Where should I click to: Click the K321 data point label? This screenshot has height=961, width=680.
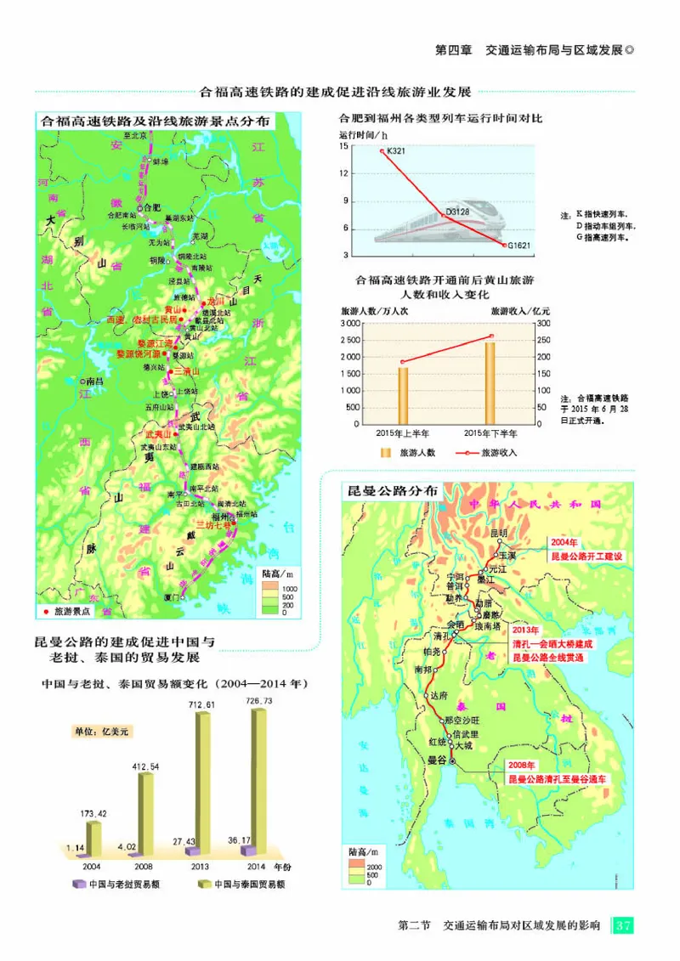point(398,151)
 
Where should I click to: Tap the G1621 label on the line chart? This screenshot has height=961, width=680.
point(519,246)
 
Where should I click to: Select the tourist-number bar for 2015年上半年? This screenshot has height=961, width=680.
point(403,396)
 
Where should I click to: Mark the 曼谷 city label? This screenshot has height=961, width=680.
point(438,762)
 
